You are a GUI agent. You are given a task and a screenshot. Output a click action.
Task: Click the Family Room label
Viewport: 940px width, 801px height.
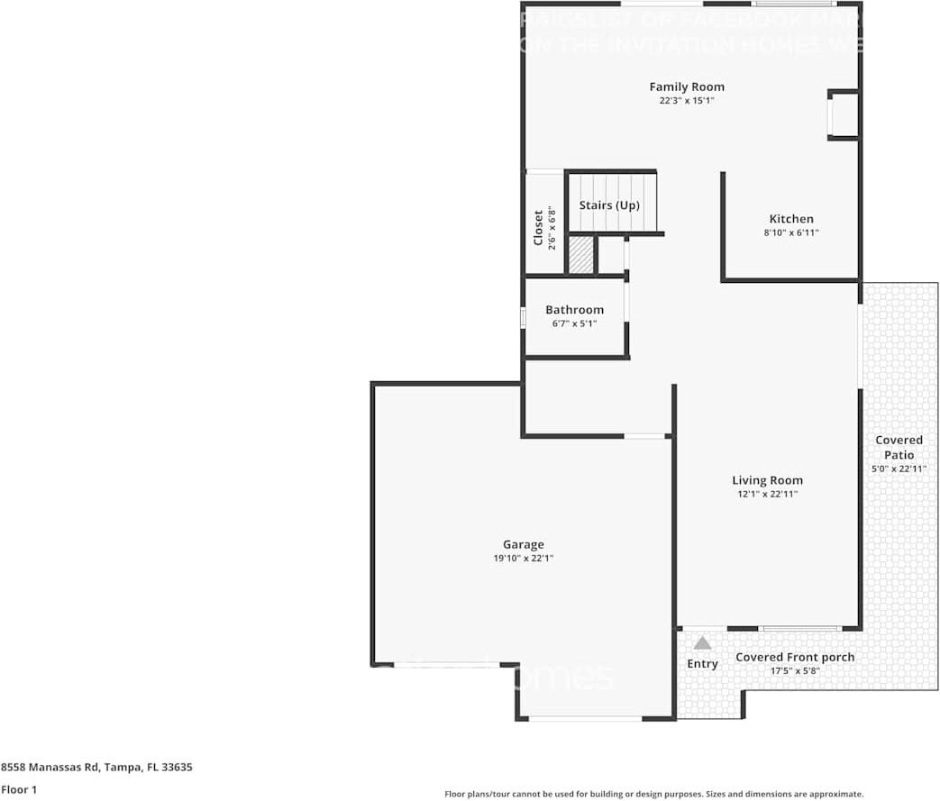pyautogui.click(x=687, y=86)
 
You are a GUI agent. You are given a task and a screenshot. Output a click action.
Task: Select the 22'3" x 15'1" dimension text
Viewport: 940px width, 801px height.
pyautogui.click(x=687, y=101)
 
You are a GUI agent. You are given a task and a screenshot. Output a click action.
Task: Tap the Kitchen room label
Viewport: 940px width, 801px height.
pyautogui.click(x=790, y=219)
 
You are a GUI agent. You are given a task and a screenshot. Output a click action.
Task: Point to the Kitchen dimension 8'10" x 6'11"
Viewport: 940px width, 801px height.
pyautogui.click(x=790, y=232)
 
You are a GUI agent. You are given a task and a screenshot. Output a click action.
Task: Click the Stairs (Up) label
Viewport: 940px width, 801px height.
pyautogui.click(x=609, y=205)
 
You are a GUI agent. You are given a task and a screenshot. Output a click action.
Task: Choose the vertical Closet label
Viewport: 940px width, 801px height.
pyautogui.click(x=538, y=228)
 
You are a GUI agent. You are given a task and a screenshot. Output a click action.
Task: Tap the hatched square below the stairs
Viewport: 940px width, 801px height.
pyautogui.click(x=580, y=255)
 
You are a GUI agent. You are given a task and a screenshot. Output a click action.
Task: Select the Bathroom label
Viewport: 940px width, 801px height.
pyautogui.click(x=574, y=310)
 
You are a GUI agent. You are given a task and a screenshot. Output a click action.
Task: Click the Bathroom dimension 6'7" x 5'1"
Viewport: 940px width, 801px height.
pyautogui.click(x=574, y=323)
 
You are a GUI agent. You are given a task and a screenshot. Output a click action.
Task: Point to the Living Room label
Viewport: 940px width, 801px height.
pyautogui.click(x=767, y=480)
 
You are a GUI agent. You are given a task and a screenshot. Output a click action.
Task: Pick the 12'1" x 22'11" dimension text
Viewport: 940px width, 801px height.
pyautogui.click(x=767, y=494)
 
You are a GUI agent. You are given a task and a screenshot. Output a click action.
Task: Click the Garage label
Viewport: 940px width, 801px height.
pyautogui.click(x=523, y=544)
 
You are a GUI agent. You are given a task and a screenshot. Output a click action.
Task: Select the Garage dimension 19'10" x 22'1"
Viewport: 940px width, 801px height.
pyautogui.click(x=523, y=559)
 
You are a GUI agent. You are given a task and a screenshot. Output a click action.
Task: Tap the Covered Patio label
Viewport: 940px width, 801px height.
pyautogui.click(x=899, y=447)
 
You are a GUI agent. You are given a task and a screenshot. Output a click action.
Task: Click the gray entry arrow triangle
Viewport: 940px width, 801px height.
pyautogui.click(x=702, y=643)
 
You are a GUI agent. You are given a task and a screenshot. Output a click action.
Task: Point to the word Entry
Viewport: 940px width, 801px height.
pyautogui.click(x=702, y=664)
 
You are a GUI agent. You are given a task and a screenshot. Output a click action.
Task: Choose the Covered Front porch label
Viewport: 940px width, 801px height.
pyautogui.click(x=794, y=657)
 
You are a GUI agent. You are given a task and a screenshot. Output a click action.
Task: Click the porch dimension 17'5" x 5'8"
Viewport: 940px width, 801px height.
pyautogui.click(x=794, y=670)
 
